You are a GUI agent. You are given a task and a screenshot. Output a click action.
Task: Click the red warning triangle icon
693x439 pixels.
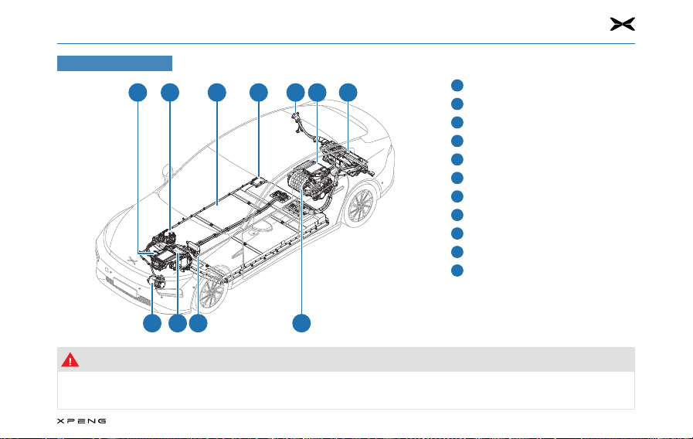[71, 359]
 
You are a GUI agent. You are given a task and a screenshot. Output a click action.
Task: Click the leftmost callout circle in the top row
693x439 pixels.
[138, 93]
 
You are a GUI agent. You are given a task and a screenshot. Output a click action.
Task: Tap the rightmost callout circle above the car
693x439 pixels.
[348, 93]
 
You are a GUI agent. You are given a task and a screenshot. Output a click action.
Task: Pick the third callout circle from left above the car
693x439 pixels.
[217, 93]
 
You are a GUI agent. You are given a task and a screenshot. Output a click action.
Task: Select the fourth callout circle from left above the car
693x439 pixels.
[259, 93]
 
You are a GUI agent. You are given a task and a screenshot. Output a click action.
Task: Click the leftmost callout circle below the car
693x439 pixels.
[152, 323]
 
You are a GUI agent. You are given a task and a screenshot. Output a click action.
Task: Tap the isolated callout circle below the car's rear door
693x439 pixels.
[301, 323]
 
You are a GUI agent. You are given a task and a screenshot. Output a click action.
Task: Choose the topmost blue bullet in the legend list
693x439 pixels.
[457, 85]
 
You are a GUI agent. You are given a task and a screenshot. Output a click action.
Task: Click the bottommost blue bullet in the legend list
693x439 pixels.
[457, 271]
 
